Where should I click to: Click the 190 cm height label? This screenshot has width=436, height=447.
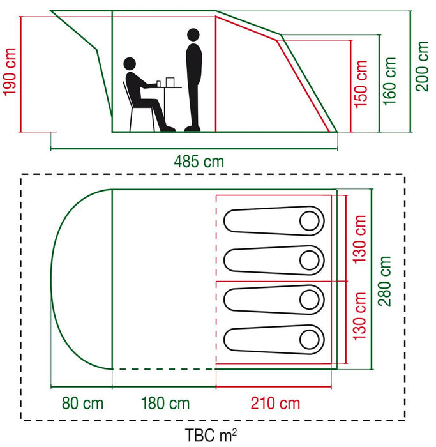coord(10,72)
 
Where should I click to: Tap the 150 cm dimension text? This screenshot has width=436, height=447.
coord(361,84)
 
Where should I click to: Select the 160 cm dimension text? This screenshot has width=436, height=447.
coord(389,82)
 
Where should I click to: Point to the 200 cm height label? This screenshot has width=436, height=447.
coord(422,66)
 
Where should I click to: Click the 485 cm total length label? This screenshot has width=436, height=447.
coord(199,162)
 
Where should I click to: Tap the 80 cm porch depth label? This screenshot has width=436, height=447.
coord(82,403)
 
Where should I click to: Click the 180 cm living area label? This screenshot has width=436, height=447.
coord(165,403)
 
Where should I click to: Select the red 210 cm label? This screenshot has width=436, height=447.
coord(275,403)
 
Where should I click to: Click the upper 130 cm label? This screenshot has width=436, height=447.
coord(359,239)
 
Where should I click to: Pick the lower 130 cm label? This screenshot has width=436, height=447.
coord(359,316)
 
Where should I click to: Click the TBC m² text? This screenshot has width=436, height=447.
coord(211,435)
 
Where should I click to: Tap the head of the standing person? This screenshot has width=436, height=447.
coord(193,35)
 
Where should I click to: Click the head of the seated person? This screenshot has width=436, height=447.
coord(130,64)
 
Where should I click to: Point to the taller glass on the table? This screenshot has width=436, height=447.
coord(170,82)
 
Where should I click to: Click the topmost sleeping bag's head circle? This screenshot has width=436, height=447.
coord(310,221)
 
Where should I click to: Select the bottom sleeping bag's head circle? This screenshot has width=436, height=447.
coord(310,340)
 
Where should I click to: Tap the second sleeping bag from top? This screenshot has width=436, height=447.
coord(274,261)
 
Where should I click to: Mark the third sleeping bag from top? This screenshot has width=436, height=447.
coord(274,299)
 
